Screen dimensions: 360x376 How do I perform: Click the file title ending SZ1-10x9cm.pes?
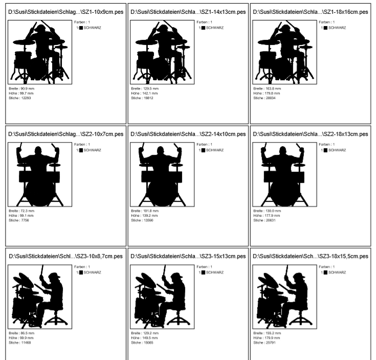(65, 12)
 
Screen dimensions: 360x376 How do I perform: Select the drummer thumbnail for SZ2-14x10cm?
(162, 174)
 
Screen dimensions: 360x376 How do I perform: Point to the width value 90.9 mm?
(21, 88)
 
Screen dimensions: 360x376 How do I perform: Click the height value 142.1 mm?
(144, 93)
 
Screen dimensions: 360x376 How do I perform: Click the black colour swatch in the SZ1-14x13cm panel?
(203, 28)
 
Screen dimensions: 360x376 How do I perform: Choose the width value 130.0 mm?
(267, 211)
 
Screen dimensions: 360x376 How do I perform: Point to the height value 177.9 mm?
(267, 215)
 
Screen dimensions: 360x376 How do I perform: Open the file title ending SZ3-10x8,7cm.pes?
(65, 256)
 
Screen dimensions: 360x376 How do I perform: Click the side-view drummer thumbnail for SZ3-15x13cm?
(162, 297)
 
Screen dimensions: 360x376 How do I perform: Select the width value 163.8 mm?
(267, 88)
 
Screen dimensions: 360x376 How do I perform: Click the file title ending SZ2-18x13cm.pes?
(310, 134)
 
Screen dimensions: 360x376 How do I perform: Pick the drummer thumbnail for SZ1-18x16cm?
(284, 52)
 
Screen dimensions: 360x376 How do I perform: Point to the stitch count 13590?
(142, 220)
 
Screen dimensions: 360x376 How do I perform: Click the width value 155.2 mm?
(267, 333)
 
